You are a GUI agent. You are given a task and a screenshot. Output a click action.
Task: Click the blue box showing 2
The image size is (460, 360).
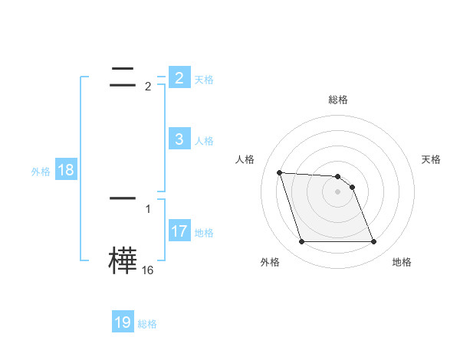click(x=179, y=78)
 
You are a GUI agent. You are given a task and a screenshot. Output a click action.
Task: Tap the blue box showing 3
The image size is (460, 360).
click(x=179, y=139)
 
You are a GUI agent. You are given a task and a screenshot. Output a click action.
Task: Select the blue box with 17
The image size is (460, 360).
click(x=179, y=231)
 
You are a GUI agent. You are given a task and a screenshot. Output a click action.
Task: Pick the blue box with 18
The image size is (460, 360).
click(x=66, y=170)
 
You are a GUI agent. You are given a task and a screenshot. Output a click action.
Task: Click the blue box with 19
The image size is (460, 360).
click(x=123, y=322)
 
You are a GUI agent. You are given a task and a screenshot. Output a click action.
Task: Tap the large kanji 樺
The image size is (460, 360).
click(x=123, y=260)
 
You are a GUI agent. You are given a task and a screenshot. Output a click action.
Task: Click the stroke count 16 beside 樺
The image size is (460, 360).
click(x=148, y=270)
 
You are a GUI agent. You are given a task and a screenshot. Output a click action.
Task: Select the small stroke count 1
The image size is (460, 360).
click(x=148, y=208)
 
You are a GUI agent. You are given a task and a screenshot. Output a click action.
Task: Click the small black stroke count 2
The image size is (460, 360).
click(x=148, y=87)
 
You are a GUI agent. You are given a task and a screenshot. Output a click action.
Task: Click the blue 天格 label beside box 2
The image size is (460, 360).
click(x=203, y=79)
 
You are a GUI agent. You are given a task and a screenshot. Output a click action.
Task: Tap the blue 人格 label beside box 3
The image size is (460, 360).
click(x=203, y=140)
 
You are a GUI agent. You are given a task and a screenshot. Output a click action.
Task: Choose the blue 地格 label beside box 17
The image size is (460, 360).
click(x=203, y=232)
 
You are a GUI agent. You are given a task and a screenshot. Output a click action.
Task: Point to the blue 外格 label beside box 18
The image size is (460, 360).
click(x=41, y=172)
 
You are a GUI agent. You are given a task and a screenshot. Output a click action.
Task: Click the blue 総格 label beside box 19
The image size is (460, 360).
click(x=147, y=324)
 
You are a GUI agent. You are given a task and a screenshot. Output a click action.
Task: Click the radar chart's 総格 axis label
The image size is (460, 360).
click(x=338, y=100)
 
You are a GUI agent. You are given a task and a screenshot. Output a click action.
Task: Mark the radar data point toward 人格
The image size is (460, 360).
click(x=279, y=172)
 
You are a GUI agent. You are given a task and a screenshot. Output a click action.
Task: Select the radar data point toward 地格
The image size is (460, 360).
click(x=373, y=242)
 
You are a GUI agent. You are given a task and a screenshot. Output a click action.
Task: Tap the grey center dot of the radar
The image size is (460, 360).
click(x=338, y=191)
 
